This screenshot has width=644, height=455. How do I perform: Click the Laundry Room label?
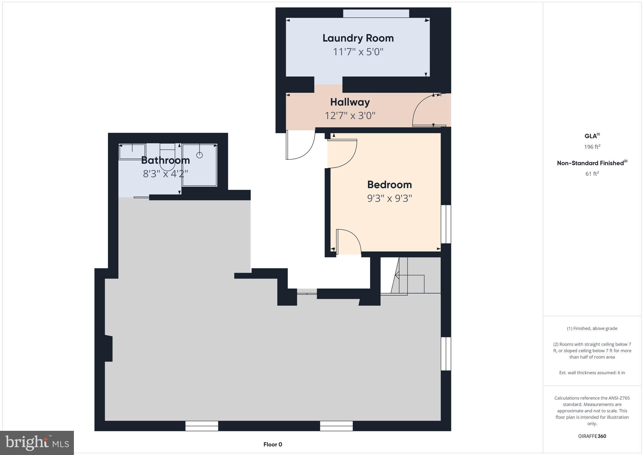(x=358, y=38)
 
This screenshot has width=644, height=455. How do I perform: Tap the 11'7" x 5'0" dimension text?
(x=358, y=52)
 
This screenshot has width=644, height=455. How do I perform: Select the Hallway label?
(x=350, y=102)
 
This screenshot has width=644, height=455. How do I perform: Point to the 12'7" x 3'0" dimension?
(x=350, y=116)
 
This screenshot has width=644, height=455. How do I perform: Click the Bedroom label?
(x=389, y=184)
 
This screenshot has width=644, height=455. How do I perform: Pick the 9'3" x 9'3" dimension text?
(x=389, y=199)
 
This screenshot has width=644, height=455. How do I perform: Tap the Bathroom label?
(x=165, y=160)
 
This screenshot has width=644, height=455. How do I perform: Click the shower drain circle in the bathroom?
(x=199, y=155)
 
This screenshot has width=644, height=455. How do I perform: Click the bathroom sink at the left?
(x=132, y=151)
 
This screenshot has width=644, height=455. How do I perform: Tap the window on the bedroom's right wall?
(x=446, y=224)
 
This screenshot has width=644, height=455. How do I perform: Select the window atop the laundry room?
(x=376, y=14)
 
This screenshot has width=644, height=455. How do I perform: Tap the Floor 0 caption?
(x=273, y=444)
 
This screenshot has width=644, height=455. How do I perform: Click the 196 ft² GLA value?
(x=592, y=147)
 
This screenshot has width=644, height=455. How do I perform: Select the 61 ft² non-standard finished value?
(x=592, y=174)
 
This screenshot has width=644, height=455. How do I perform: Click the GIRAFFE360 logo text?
(x=592, y=436)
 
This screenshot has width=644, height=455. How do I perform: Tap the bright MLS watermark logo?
(x=37, y=443)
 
